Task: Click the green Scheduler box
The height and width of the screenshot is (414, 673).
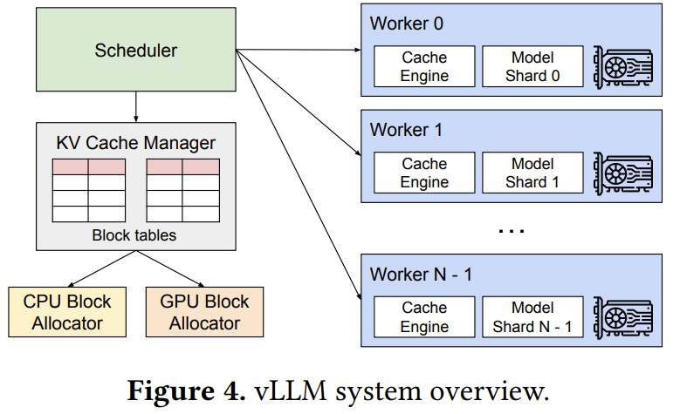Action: click(135, 50)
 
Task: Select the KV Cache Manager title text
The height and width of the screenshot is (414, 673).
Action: click(135, 143)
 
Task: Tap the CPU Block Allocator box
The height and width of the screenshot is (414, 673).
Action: click(67, 312)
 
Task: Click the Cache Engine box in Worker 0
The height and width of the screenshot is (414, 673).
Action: click(424, 67)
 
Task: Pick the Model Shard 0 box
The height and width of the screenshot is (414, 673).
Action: click(532, 67)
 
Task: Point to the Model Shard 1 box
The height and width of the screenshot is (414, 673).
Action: click(532, 173)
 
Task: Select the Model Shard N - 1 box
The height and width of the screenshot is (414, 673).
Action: click(532, 317)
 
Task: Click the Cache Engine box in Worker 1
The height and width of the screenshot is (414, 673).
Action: click(424, 173)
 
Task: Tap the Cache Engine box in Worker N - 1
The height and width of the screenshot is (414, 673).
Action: click(424, 317)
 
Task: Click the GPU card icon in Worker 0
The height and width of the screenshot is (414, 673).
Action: click(622, 66)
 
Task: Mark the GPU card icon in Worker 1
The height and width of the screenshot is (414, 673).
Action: click(622, 173)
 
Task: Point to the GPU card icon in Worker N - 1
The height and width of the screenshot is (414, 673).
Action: click(622, 317)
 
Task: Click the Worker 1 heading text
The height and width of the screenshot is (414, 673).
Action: click(407, 131)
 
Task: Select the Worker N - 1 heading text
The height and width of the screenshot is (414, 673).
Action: click(422, 275)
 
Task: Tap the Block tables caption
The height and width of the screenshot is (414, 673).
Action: click(135, 235)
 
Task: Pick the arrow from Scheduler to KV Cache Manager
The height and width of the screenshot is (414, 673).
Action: click(135, 105)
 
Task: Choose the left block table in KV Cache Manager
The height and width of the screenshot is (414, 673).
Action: click(88, 190)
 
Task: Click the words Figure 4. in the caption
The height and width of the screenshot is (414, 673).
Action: click(183, 390)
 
